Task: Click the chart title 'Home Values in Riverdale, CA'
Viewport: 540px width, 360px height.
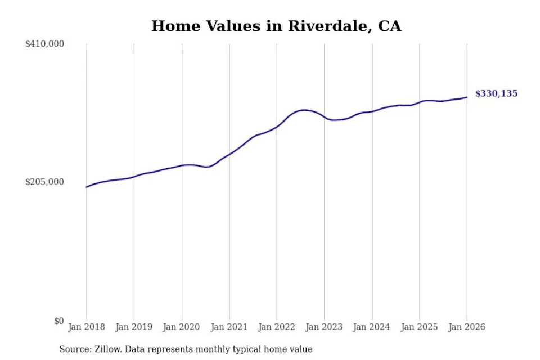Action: (276, 26)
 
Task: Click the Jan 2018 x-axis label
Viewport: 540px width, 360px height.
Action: (87, 327)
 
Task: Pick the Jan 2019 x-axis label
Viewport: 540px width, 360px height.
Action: (134, 327)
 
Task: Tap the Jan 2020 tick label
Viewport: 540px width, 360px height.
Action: (182, 327)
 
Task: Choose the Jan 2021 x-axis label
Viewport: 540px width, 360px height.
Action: (229, 327)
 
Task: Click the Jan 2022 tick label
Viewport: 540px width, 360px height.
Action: (277, 327)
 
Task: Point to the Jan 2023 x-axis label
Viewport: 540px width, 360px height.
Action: (324, 327)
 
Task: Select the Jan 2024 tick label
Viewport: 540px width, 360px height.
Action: (372, 327)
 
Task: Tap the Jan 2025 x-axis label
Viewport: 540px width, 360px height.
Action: (419, 327)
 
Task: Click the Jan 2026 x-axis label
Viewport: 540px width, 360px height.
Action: (467, 327)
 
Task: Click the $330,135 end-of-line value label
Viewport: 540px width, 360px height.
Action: (496, 94)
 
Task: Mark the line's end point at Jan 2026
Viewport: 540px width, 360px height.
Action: (467, 97)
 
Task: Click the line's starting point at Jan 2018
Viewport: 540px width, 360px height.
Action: (87, 187)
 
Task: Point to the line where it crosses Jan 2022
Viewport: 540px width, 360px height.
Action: (277, 127)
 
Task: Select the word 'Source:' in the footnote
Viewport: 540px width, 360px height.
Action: (74, 349)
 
